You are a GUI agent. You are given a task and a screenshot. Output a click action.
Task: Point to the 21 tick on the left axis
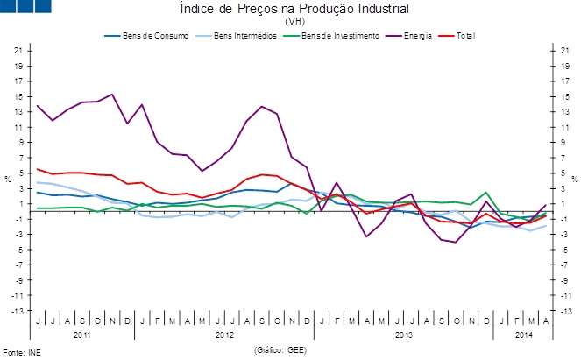[18, 51]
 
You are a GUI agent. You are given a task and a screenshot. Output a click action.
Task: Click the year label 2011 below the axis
[81, 335]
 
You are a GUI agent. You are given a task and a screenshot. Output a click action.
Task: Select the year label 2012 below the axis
[224, 335]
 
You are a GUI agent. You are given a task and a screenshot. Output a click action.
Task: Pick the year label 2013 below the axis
[404, 335]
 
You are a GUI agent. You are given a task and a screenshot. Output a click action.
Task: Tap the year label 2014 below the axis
[522, 335]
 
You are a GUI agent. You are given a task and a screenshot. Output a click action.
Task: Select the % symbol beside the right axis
[574, 180]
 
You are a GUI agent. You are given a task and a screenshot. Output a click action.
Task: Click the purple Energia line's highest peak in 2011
[112, 95]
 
